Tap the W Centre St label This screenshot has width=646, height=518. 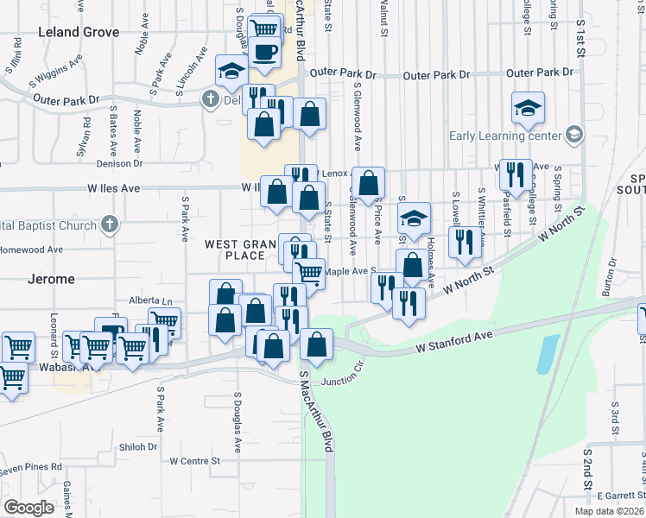tap(195, 461)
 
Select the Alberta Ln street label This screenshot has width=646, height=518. tap(149, 300)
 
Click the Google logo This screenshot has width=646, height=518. tap(29, 507)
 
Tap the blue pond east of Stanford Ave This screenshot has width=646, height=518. tap(547, 354)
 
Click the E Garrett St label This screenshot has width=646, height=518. tap(621, 496)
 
